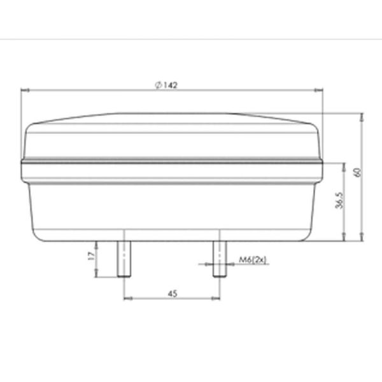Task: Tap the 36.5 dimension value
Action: click(339, 201)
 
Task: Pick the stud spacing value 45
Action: click(172, 293)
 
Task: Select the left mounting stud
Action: click(125, 258)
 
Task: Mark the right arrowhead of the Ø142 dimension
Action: click(320, 91)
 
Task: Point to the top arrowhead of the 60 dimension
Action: click(362, 117)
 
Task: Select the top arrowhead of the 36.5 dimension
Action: click(344, 164)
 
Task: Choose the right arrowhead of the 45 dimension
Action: click(217, 298)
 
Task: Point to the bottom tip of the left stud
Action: click(125, 276)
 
